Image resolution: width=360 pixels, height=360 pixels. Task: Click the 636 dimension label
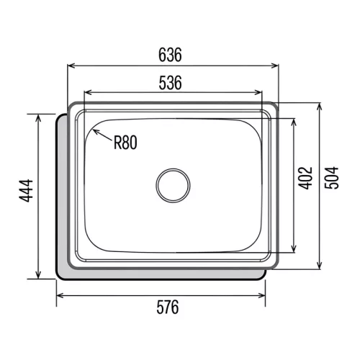click(x=170, y=55)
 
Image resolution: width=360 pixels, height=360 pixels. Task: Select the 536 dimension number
click(x=170, y=83)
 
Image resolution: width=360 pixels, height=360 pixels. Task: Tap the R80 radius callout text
click(x=125, y=143)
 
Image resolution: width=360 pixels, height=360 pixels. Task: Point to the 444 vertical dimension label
click(x=26, y=191)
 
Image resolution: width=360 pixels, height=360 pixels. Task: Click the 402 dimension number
click(x=305, y=178)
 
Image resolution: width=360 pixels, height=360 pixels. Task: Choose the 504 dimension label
click(x=331, y=178)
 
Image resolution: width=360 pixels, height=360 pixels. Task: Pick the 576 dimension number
click(x=168, y=307)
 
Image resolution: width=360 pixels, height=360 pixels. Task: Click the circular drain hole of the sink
click(x=173, y=185)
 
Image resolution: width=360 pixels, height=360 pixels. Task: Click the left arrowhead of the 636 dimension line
click(x=71, y=66)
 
